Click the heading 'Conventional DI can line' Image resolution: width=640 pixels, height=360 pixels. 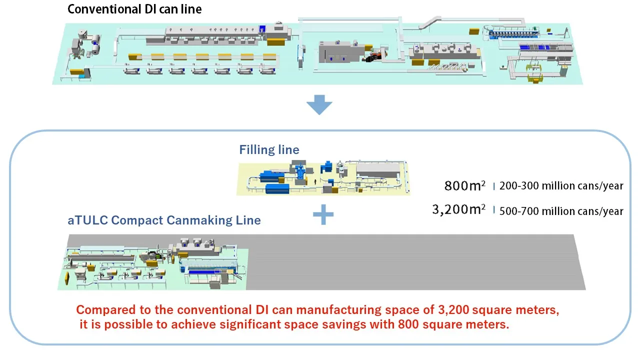134,9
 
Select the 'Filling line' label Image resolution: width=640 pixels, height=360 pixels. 269,149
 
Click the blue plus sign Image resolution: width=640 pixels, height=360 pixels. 323,214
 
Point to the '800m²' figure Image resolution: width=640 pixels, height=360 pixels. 464,186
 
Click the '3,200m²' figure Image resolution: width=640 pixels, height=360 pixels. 458,210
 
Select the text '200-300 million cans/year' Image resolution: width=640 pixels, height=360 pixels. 561,186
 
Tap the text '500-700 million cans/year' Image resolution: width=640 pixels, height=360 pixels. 561,211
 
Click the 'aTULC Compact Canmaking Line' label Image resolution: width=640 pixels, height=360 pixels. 164,220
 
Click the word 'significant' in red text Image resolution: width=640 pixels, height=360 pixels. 257,324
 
